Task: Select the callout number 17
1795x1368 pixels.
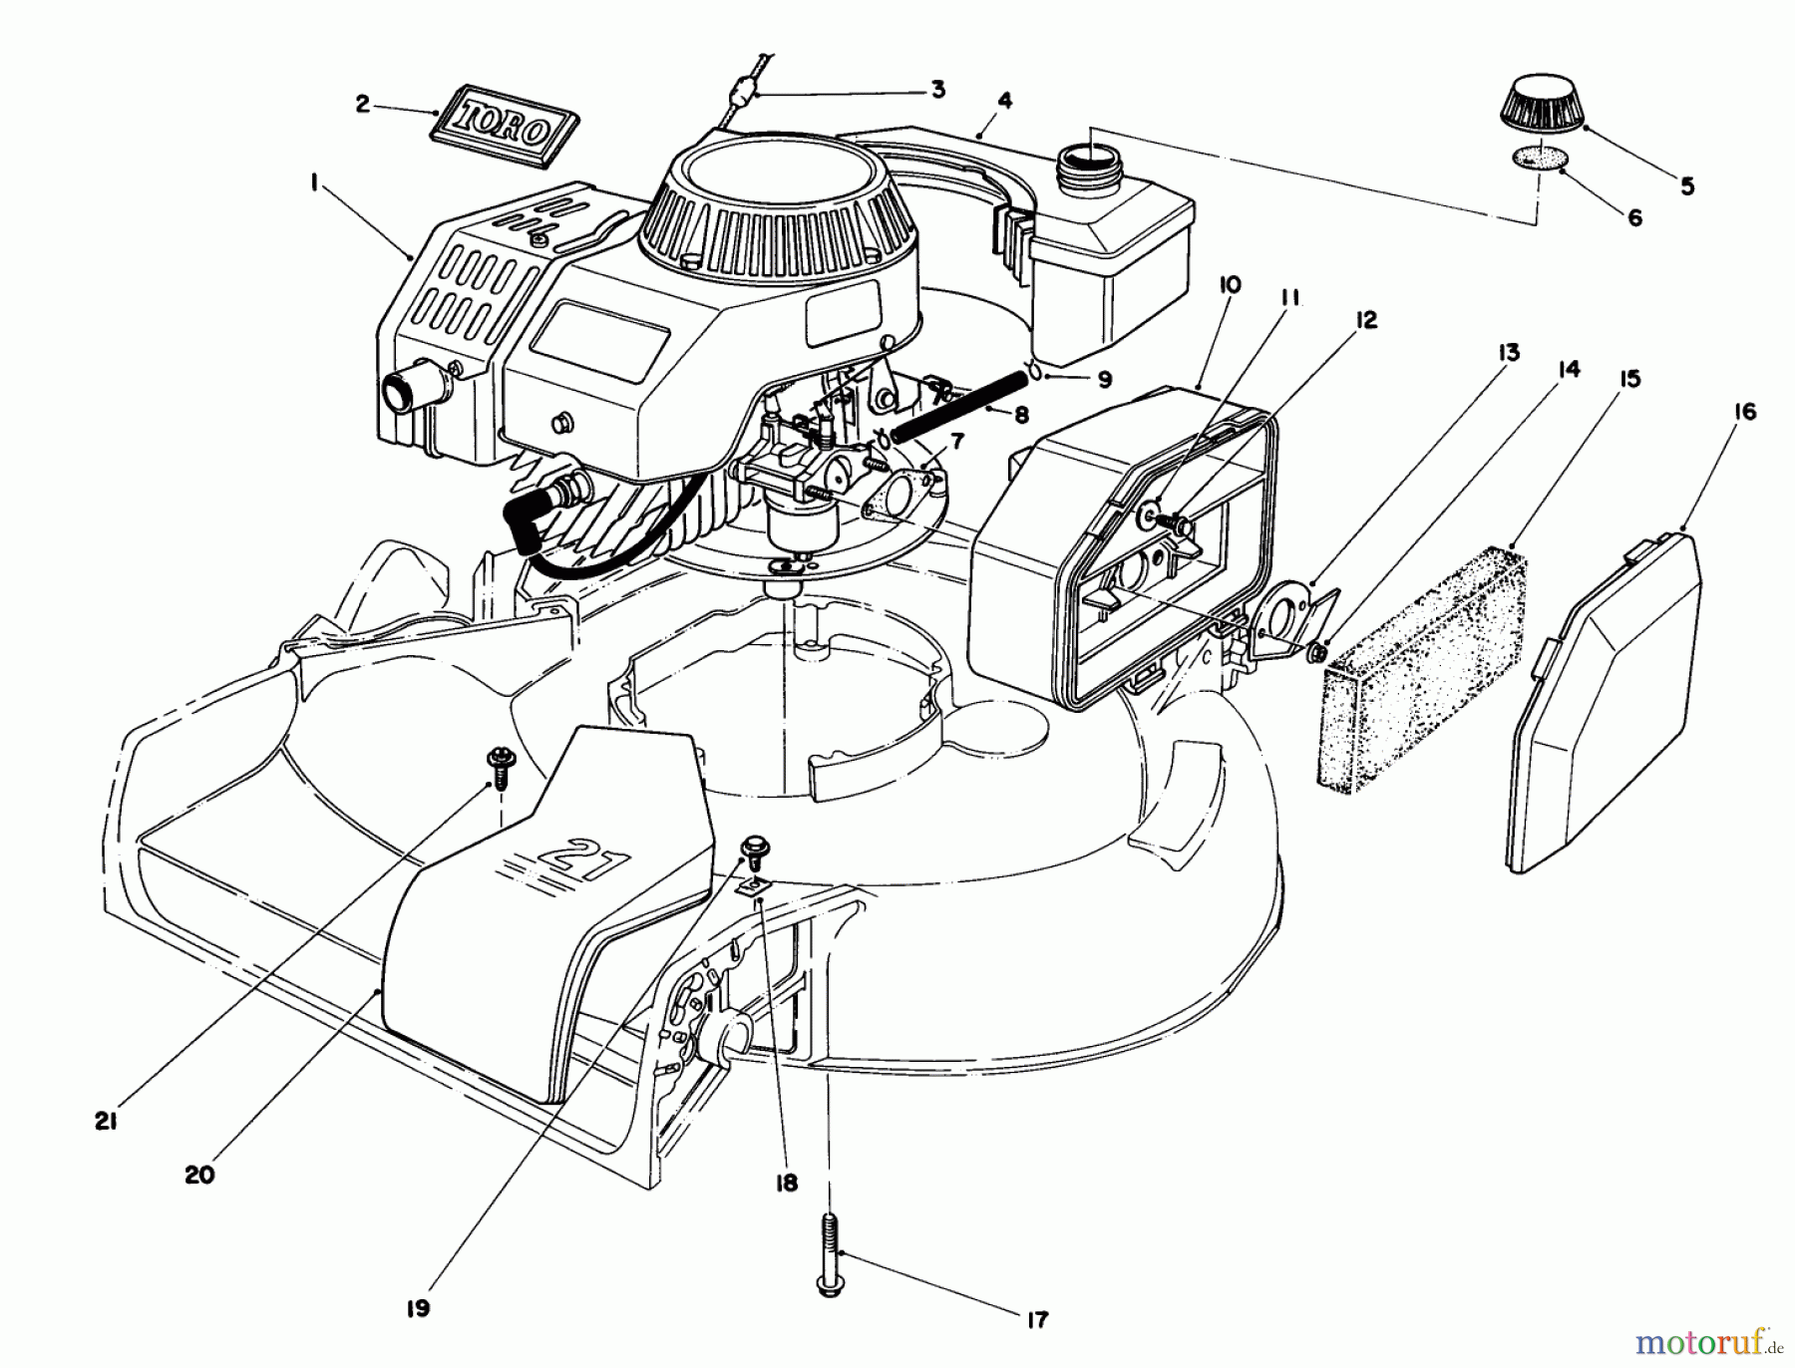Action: pos(1037,1319)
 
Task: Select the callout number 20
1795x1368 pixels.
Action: pos(199,1175)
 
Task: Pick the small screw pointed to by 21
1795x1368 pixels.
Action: pos(497,763)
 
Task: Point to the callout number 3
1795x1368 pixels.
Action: pos(937,90)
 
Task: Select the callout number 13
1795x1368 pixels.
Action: pos(1508,352)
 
